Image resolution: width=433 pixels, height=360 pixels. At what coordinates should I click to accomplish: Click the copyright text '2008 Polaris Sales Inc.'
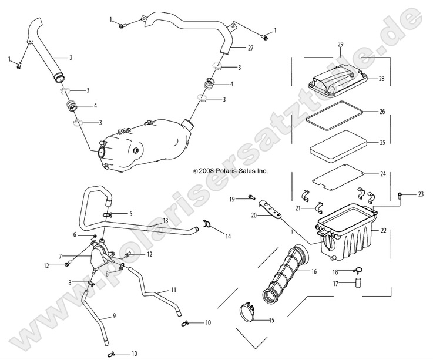[x=231, y=171]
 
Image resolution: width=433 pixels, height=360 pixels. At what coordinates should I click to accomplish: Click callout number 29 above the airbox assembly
[x=340, y=45]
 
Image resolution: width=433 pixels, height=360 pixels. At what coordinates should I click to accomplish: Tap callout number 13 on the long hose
[x=166, y=220]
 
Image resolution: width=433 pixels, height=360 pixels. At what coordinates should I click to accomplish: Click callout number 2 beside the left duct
[x=71, y=58]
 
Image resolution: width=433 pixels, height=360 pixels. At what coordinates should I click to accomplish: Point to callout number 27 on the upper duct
[x=250, y=48]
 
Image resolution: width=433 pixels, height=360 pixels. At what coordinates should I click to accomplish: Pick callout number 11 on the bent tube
[x=173, y=290]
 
